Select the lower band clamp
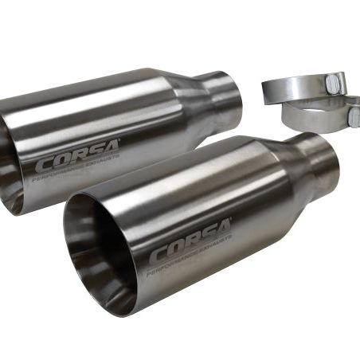[319, 113]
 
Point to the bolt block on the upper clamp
[337, 80]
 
